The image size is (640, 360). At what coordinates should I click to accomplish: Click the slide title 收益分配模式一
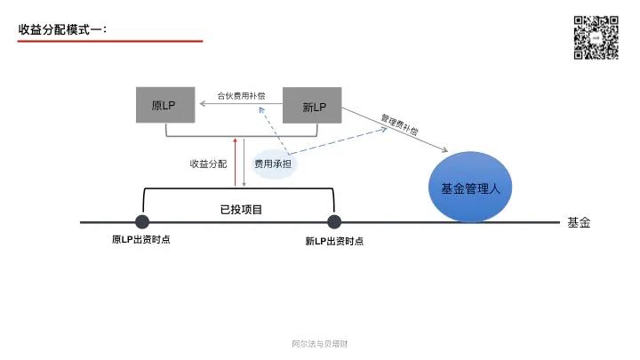62,29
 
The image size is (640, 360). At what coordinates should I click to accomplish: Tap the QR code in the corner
596,37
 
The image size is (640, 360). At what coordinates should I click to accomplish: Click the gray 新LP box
313,106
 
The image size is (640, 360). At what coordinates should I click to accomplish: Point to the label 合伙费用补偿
241,95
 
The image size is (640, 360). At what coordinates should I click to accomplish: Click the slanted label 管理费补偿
399,124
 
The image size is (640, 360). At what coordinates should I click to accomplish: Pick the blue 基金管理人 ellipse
471,188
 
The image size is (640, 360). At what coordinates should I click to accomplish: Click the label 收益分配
208,164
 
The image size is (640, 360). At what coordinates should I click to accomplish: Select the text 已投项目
241,209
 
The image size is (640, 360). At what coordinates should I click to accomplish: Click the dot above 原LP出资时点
142,222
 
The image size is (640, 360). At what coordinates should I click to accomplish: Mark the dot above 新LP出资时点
334,222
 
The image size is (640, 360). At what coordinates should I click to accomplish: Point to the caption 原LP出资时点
140,240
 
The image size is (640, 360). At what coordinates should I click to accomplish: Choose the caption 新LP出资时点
333,241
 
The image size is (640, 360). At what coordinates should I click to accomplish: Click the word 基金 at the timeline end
579,222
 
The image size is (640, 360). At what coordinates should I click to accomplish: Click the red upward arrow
235,160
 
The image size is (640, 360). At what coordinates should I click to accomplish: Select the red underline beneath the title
110,41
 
